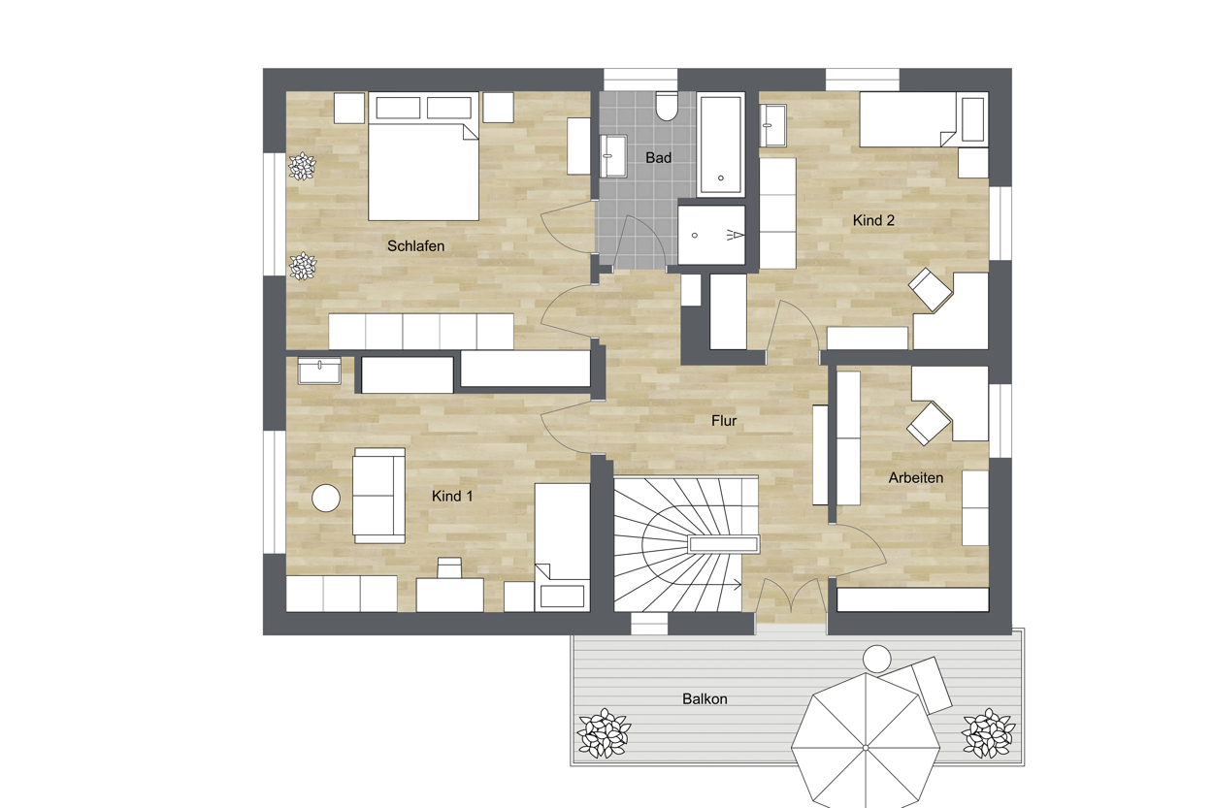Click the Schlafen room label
coord(415,245)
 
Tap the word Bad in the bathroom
coord(658,157)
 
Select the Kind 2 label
coord(873,220)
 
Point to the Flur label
coord(724,421)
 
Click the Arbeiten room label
coord(915,477)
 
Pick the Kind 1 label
coord(451,496)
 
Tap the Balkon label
coord(704,698)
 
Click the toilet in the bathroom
coord(667,106)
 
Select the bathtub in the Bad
coord(720,144)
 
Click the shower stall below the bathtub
coord(711,235)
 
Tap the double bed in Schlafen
coord(423,156)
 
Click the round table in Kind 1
coord(326,498)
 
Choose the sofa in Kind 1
coord(379,496)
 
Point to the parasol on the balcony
coord(866,747)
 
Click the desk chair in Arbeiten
coord(929,423)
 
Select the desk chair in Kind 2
coord(931,289)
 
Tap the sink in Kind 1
coord(319,372)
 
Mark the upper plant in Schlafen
coord(302,166)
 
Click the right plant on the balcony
coord(988,733)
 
